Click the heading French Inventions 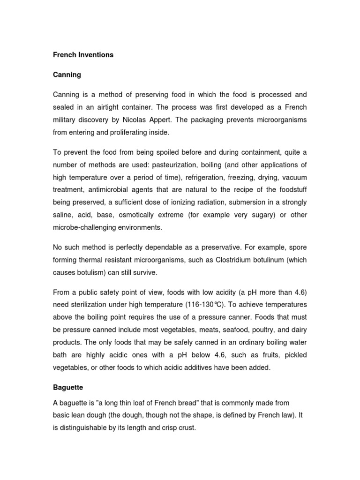(83, 55)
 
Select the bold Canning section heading (67, 75)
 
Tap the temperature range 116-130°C (204, 304)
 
